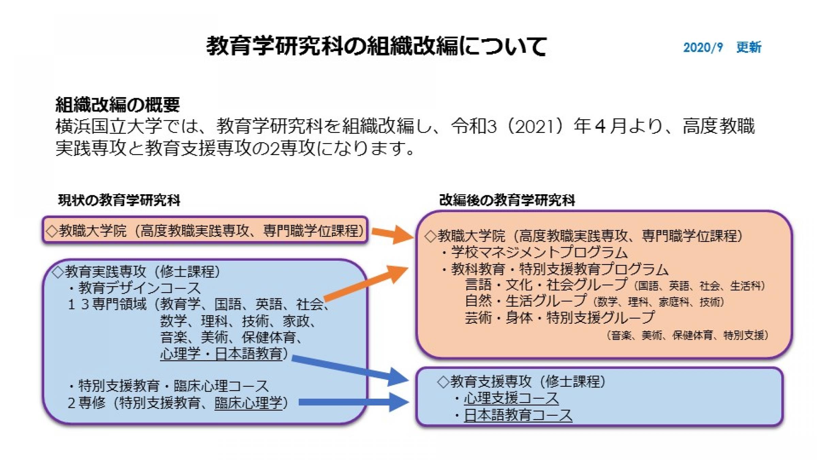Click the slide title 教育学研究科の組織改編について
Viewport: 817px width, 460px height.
tap(377, 46)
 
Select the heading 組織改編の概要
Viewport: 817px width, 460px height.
tap(117, 105)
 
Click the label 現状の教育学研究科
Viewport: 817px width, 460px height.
tap(119, 200)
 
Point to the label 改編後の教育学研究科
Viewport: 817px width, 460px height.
tap(507, 200)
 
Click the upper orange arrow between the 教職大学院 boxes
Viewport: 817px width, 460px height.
tap(393, 234)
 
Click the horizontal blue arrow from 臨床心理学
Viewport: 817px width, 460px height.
tap(354, 402)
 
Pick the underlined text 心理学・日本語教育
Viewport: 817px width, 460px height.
tap(221, 354)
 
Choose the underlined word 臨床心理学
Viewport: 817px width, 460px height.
tap(249, 403)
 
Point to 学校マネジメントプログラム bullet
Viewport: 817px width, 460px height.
tap(534, 252)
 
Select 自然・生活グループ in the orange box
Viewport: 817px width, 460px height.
tap(526, 301)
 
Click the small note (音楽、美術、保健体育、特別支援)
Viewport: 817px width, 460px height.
tap(687, 335)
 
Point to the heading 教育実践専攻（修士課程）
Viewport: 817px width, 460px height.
tap(136, 272)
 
